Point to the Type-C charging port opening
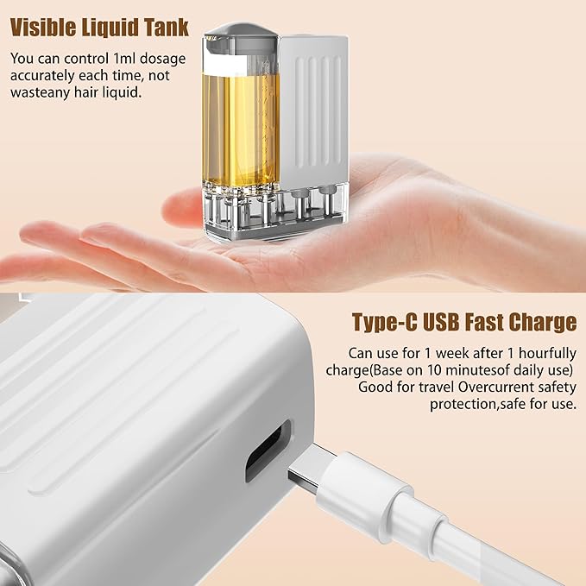(267, 450)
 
